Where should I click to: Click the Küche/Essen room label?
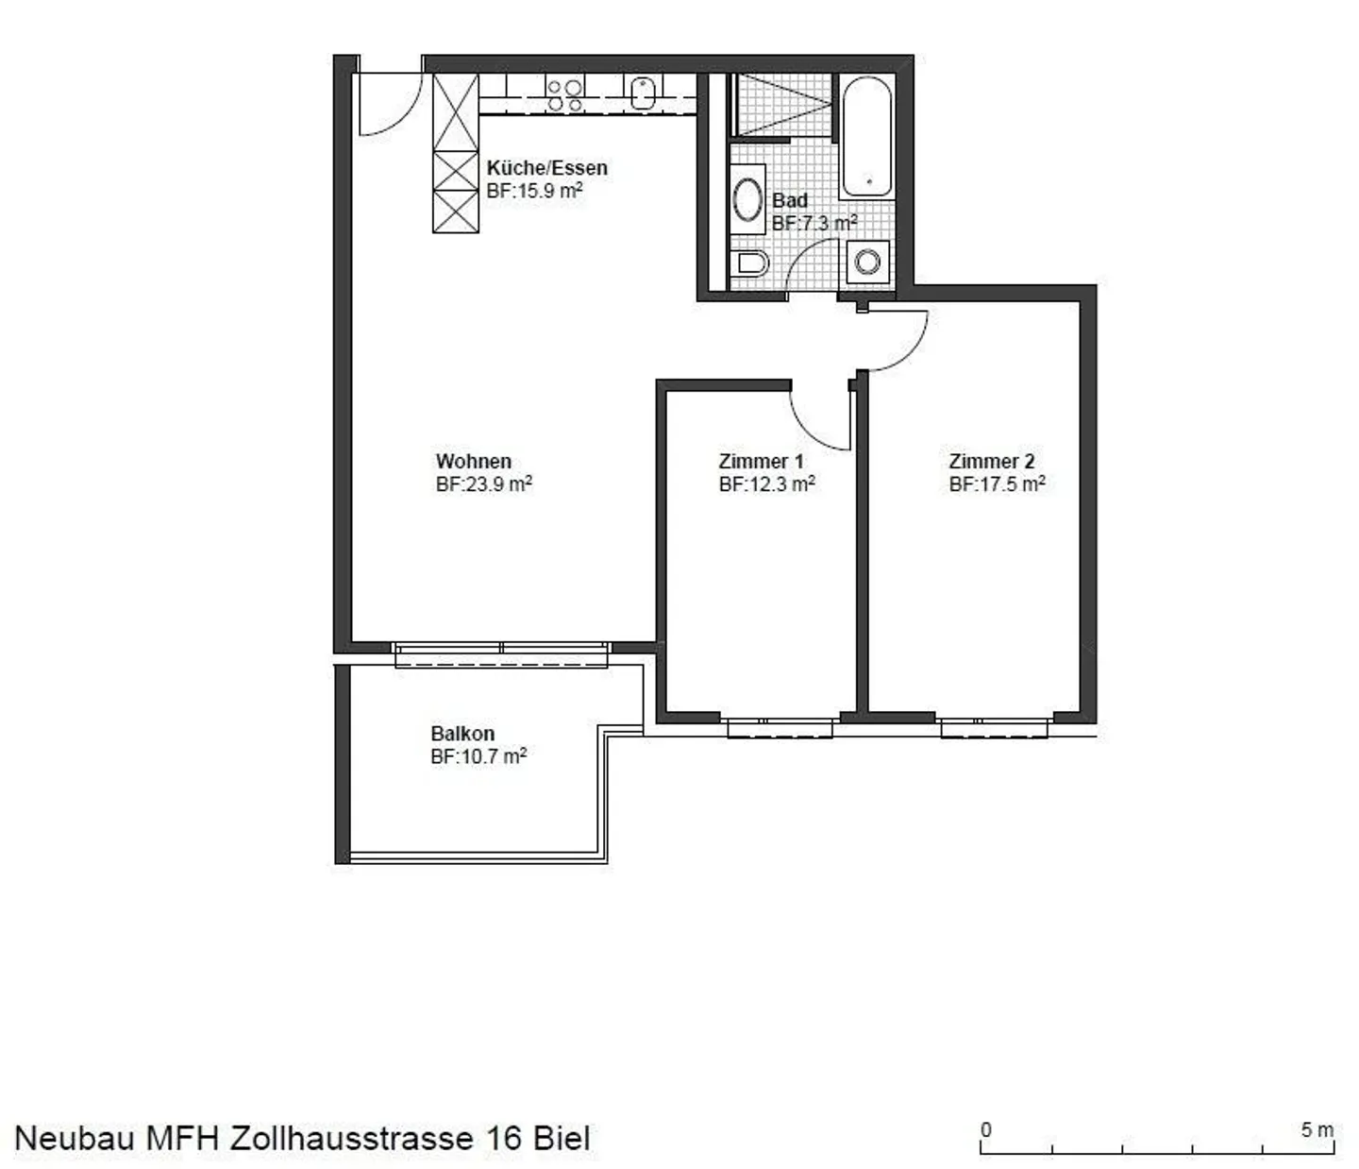[546, 168]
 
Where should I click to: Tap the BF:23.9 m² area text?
[483, 484]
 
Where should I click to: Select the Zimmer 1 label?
[761, 462]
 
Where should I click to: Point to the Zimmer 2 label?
[991, 462]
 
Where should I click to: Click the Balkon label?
[462, 734]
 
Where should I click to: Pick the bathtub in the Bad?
[865, 137]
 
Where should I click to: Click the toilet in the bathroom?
[751, 262]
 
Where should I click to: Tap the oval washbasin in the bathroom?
[748, 199]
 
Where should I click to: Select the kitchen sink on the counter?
[643, 93]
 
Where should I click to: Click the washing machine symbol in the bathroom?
[867, 261]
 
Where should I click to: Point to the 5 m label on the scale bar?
[1317, 1129]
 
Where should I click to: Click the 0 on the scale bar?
[986, 1129]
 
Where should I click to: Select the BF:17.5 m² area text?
[997, 484]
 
